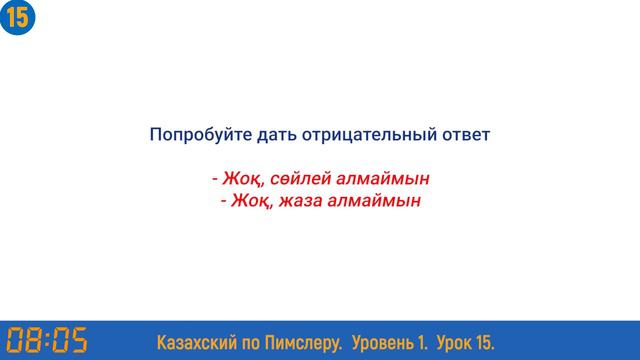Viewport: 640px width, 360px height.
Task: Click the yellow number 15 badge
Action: click(x=18, y=17)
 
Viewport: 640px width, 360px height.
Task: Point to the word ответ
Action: click(x=465, y=133)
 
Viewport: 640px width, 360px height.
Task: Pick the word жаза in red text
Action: click(x=300, y=201)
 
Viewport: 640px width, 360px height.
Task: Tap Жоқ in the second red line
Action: click(x=251, y=201)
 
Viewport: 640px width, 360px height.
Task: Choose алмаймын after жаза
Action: click(x=375, y=201)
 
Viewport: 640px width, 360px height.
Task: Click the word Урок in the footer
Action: click(x=454, y=342)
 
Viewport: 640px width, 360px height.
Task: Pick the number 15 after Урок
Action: click(x=484, y=342)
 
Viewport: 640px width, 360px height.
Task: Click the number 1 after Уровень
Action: click(x=423, y=342)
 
